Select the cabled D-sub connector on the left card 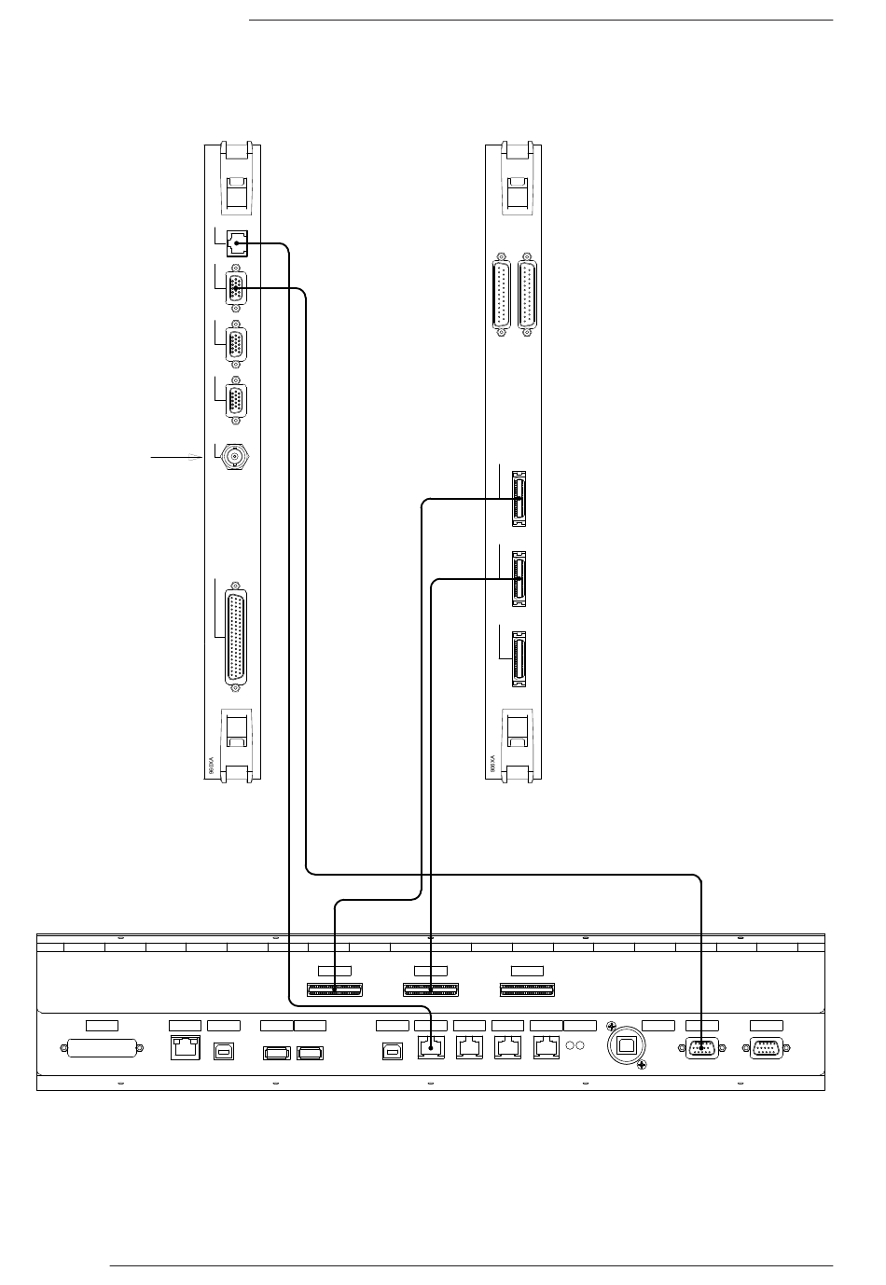(237, 289)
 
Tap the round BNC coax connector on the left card (233, 457)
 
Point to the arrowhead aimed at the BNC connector (194, 458)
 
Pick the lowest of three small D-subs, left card (237, 400)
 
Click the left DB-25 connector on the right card (502, 294)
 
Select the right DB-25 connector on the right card (529, 294)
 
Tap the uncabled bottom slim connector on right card (519, 659)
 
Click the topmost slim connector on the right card (519, 499)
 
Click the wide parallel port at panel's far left (103, 1049)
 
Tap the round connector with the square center (627, 1046)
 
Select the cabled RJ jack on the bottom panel (429, 1048)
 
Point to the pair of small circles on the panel (575, 1045)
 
